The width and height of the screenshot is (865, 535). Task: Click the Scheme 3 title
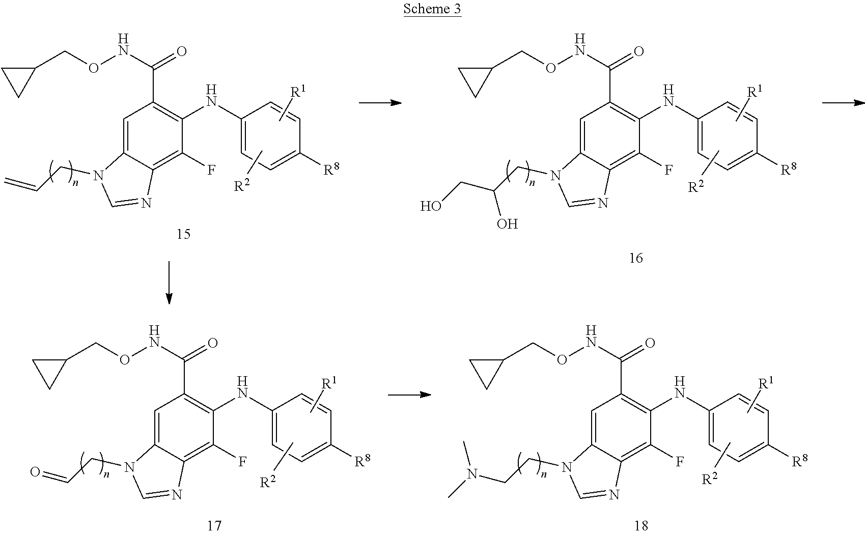click(x=432, y=9)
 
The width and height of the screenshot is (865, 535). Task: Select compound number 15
click(x=183, y=234)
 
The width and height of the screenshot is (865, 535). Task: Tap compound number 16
click(x=635, y=258)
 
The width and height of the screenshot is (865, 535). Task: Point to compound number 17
click(x=214, y=526)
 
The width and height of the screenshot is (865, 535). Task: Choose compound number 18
click(x=641, y=526)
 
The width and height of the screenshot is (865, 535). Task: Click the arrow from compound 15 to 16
click(x=380, y=103)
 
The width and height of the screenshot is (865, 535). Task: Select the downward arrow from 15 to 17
click(x=169, y=283)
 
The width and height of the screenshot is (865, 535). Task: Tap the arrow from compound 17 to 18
click(x=409, y=395)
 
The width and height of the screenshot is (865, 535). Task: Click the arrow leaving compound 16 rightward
click(x=844, y=103)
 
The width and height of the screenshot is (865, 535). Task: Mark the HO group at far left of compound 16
click(x=431, y=206)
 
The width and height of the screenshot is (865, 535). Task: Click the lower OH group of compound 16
click(x=507, y=224)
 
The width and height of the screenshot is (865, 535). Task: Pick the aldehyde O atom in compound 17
click(x=35, y=472)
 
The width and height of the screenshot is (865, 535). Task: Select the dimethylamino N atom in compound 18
click(x=472, y=474)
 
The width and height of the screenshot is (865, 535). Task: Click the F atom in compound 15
click(x=211, y=170)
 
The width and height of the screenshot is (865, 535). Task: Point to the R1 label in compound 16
click(x=755, y=92)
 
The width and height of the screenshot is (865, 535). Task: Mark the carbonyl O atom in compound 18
click(x=650, y=343)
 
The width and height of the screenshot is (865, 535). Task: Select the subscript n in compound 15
click(x=76, y=182)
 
